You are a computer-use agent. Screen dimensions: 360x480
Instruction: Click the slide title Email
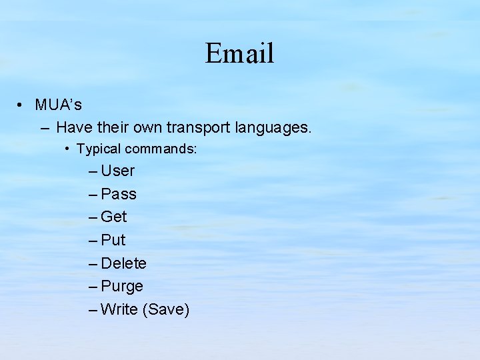click(239, 53)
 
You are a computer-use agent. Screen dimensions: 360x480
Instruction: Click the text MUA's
click(59, 105)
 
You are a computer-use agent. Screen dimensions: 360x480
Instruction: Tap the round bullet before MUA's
click(22, 105)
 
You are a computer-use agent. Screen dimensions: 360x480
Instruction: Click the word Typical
click(98, 149)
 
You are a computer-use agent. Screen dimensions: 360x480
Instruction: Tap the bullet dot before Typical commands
click(69, 149)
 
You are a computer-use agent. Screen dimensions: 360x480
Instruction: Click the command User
click(118, 171)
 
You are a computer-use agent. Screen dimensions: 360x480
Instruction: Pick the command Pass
click(119, 194)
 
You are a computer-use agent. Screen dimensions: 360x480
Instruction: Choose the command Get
click(114, 217)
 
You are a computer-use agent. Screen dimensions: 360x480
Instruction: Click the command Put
click(113, 240)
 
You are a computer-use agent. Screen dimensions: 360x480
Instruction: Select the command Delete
click(123, 263)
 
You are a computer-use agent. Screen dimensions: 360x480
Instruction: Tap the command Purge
click(122, 287)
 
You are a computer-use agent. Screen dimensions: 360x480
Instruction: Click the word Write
click(119, 309)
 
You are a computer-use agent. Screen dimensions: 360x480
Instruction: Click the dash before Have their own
click(44, 127)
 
